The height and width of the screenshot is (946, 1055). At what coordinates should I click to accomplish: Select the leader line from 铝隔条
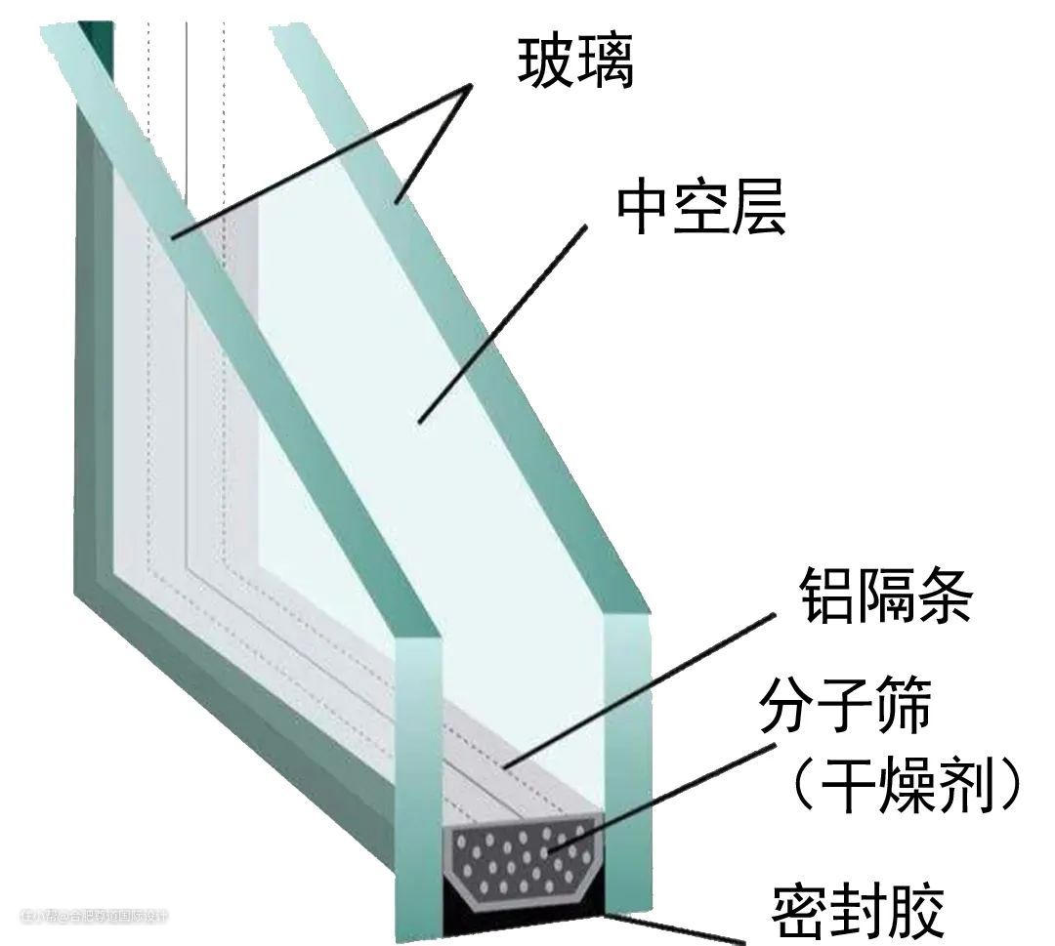coord(640,687)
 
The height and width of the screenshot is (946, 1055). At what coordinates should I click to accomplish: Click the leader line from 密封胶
coord(674,927)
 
